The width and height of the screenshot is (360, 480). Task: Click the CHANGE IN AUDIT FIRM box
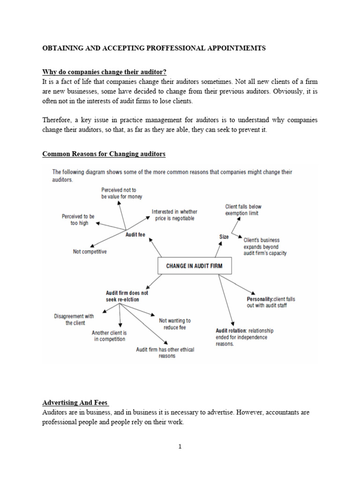[x=194, y=266]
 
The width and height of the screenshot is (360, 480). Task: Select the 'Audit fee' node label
[x=135, y=234]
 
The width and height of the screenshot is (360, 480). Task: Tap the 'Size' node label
[x=224, y=237]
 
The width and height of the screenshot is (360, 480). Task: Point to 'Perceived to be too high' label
[x=78, y=220]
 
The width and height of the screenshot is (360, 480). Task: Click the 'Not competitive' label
[x=90, y=252]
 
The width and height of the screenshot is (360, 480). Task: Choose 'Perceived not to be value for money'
[x=121, y=193]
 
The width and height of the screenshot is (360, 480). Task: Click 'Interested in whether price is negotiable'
[x=174, y=215]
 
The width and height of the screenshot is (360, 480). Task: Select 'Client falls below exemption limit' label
[x=243, y=210]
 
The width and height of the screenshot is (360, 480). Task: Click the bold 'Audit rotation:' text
[x=232, y=330]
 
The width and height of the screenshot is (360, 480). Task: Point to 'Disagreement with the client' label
[x=74, y=320]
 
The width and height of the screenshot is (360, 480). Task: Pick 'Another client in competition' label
[x=109, y=336]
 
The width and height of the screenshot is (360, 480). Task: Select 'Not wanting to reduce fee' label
[x=175, y=324]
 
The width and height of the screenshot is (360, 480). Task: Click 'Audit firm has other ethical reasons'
[x=165, y=352]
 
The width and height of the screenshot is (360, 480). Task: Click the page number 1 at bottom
[x=180, y=447]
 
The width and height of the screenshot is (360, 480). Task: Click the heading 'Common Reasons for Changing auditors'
[x=104, y=154]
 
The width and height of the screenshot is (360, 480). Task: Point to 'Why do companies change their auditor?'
[x=104, y=72]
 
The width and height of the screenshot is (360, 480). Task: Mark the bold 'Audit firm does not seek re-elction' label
[x=127, y=296]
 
